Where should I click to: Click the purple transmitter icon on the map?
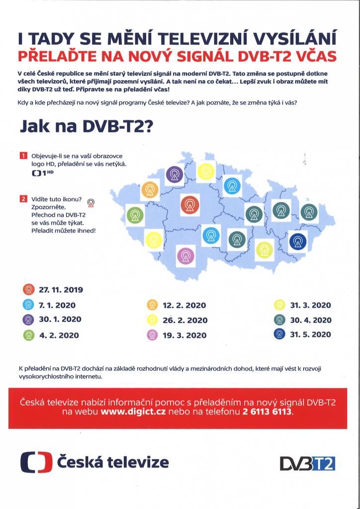click(174, 174)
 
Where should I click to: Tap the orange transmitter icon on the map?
click(150, 190)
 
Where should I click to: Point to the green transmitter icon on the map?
click(135, 217)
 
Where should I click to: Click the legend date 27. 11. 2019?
click(61, 290)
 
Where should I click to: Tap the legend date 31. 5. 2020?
click(310, 335)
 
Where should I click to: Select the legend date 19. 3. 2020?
click(184, 336)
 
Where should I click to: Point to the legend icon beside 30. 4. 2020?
click(279, 320)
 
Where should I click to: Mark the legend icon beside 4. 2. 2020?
click(28, 335)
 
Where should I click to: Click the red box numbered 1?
click(23, 156)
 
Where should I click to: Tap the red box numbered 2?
click(23, 199)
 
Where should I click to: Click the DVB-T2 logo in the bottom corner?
click(307, 463)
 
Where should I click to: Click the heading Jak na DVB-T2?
click(87, 127)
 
